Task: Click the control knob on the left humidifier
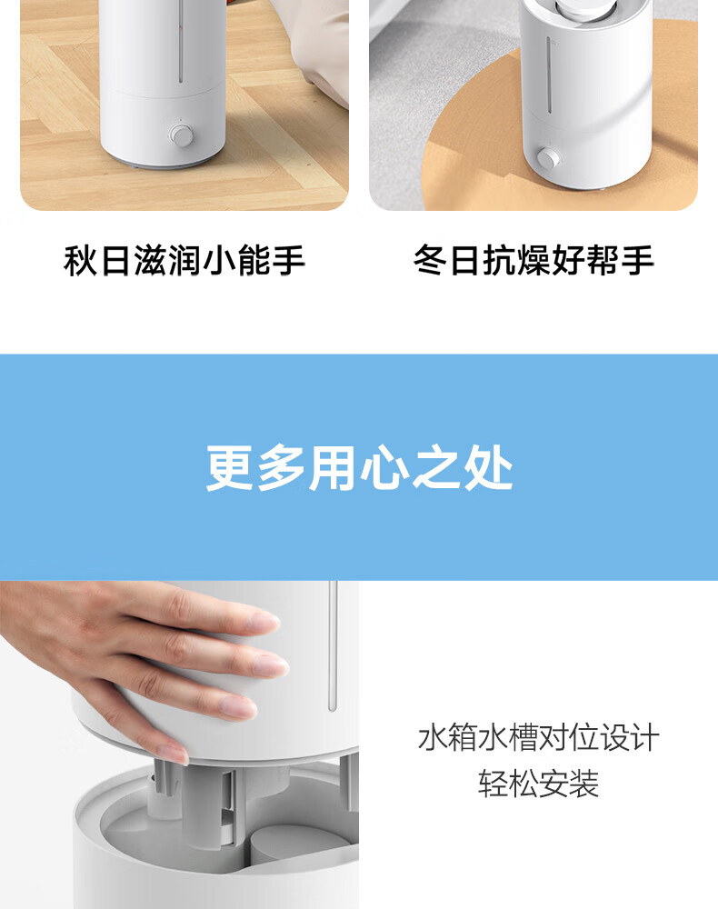182,135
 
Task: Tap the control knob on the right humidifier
548,157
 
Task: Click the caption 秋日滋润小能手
184,261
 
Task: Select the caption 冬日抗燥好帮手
534,261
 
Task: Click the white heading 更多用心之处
359,468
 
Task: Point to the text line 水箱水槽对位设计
538,738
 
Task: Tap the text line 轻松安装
538,784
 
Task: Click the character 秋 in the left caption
81,261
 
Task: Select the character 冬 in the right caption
430,261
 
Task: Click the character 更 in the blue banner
230,468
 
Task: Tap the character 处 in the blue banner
489,468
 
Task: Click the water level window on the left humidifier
181,42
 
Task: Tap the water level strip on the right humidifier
548,75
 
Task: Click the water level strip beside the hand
333,645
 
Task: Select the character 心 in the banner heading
384,468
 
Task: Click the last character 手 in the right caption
638,261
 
